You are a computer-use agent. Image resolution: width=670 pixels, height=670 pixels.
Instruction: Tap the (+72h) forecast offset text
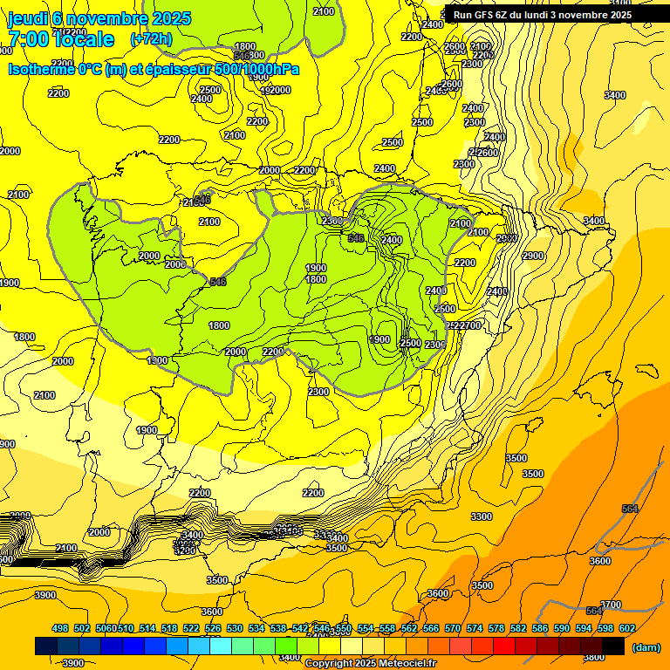[x=151, y=39]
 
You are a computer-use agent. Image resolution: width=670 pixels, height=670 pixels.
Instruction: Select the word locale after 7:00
[x=84, y=39]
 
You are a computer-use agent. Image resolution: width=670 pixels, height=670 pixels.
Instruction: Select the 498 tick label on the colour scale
[x=60, y=628]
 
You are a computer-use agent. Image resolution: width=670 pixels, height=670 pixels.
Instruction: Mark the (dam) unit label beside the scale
[x=646, y=647]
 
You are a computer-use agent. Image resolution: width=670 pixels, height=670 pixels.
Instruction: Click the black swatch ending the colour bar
[x=612, y=646]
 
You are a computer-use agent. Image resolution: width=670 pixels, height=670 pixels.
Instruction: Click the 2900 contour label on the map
[x=533, y=256]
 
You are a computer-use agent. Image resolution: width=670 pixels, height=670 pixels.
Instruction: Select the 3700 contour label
[x=611, y=605]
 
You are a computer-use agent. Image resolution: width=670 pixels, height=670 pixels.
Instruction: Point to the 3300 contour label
[x=482, y=516]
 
